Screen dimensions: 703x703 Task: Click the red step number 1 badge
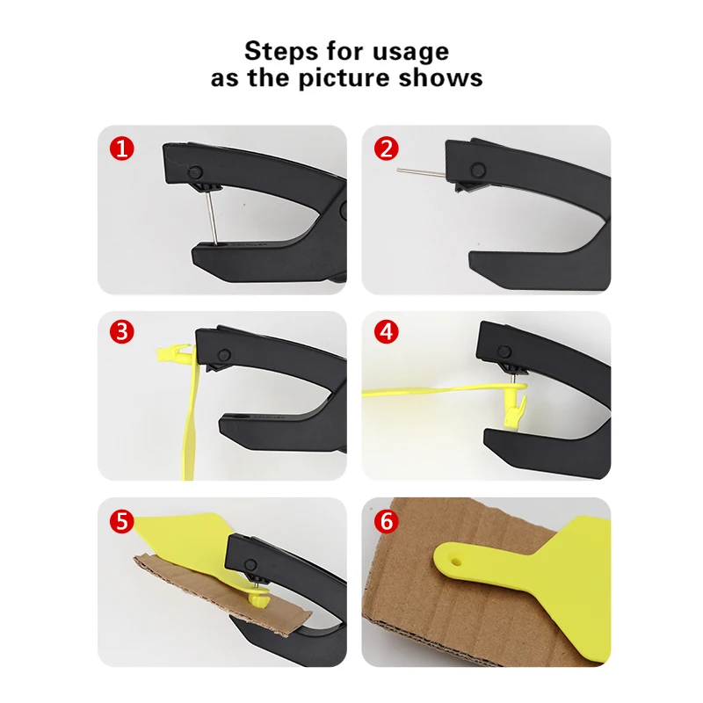122,149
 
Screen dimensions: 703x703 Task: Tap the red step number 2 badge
386,149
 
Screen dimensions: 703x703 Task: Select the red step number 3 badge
122,332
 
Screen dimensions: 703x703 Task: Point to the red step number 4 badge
386,332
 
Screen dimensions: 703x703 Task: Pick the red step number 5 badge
122,521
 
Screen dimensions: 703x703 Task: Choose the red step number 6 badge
386,521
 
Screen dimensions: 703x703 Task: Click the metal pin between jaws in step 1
212,219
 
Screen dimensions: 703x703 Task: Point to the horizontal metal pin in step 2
421,171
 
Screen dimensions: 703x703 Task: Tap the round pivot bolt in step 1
195,171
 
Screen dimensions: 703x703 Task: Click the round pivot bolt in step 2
478,170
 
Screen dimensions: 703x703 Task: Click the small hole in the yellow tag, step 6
456,561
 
